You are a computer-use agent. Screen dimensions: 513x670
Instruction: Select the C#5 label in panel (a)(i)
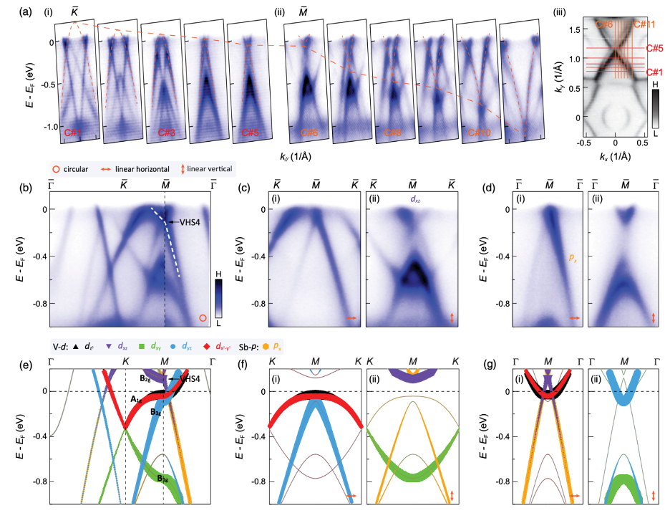251,133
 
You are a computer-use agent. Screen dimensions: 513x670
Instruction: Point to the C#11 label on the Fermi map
646,24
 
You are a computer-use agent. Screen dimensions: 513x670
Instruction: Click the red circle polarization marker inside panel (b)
203,317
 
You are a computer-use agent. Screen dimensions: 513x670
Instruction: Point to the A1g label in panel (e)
134,399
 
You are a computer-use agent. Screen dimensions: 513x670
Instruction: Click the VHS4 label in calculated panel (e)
189,378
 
